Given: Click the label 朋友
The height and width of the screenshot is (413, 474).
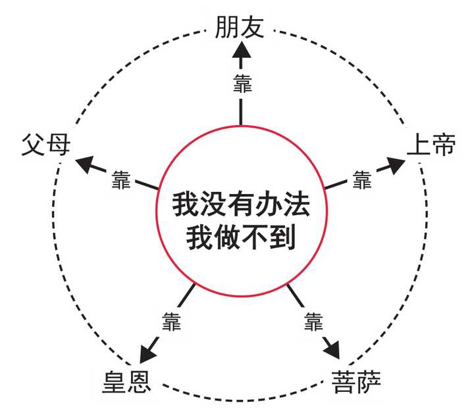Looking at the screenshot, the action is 240,27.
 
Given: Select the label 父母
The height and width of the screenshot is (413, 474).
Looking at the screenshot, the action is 45,144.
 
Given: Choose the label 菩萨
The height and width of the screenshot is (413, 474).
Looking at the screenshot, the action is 355,381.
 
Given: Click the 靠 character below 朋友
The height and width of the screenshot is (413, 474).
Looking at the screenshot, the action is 241,84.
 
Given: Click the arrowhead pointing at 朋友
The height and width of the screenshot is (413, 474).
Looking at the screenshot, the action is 241,51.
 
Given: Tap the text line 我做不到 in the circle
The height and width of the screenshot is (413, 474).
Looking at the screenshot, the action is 241,235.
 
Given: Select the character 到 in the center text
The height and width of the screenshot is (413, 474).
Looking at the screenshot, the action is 283,235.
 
